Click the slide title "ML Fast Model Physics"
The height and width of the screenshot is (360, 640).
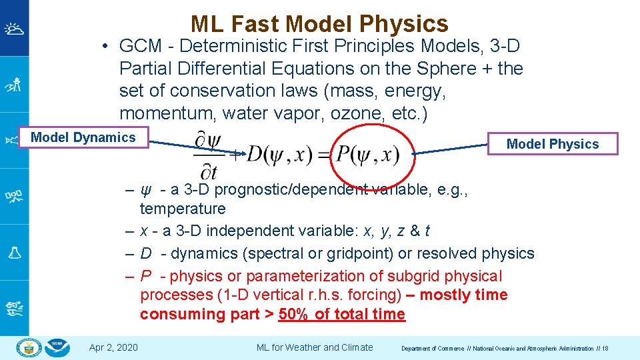click(x=319, y=24)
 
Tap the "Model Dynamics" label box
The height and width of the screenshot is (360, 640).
click(x=83, y=138)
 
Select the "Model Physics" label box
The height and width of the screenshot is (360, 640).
click(x=553, y=144)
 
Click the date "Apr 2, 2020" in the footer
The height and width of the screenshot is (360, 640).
click(x=113, y=347)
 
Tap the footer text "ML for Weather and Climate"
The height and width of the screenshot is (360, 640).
click(x=315, y=347)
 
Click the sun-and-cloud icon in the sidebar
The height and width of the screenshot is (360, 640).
click(x=14, y=28)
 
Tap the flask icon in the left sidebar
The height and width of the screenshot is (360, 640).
click(x=14, y=252)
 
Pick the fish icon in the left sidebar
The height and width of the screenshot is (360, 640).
click(x=14, y=140)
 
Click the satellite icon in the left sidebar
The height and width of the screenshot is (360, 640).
click(x=14, y=196)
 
